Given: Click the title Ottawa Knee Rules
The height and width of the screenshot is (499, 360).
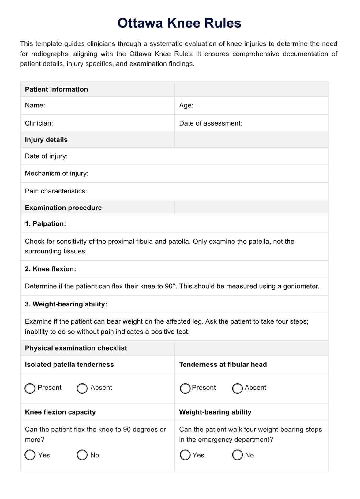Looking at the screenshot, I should pos(179,23).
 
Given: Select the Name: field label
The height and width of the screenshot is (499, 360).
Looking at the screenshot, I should pos(35,105).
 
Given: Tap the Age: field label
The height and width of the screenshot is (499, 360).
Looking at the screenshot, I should pos(186,105).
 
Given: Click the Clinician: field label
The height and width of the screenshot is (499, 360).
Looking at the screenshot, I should pos(39,123).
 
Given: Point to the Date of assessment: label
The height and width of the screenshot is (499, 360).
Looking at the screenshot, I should pos(211,123).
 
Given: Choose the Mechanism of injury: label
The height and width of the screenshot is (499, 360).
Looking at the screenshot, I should pos(57,173).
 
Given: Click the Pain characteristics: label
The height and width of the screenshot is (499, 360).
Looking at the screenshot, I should pos(56,191).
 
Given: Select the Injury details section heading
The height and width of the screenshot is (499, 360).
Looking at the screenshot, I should pos(46,140).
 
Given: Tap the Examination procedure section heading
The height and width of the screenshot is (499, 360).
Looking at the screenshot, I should pos(63,208).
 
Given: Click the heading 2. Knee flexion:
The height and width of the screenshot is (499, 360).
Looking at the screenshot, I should pos(51,269).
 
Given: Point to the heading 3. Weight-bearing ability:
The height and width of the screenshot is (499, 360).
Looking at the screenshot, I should pos(66,304).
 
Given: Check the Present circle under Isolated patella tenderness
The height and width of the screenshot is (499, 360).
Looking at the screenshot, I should pos(30,388).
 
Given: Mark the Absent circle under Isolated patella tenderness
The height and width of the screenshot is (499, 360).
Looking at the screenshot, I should pos(82,388).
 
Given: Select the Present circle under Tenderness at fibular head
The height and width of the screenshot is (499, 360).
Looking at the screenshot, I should pos(185,388).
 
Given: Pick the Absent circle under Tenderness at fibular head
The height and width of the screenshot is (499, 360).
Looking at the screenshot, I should pos(238,388).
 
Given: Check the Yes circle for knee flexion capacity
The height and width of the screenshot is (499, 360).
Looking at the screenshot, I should pos(30,455).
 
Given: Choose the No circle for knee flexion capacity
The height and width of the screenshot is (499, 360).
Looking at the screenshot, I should pos(82,455).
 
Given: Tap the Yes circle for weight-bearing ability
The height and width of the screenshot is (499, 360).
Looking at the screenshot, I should pos(185,455).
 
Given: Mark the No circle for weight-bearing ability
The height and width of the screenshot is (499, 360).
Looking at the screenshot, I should pos(238,455).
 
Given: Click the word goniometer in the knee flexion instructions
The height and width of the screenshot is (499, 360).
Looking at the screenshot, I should pos(301,287).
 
